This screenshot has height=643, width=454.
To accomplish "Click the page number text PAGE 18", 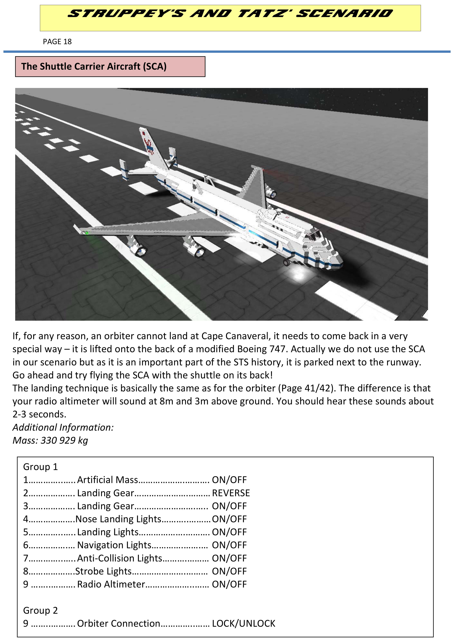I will (x=57, y=42).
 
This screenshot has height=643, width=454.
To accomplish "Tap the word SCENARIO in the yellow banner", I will (x=344, y=13).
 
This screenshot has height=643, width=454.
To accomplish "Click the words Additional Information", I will (x=63, y=427).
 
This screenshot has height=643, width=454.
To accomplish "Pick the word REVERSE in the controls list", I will (x=231, y=493).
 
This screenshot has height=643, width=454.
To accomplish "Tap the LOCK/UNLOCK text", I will (x=244, y=623).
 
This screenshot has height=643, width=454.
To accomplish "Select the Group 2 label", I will (x=40, y=610).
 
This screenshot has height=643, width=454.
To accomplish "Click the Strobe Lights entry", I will (x=104, y=571).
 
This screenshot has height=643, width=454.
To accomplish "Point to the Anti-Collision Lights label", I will (x=119, y=558).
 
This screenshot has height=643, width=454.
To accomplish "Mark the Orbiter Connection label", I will (x=119, y=623).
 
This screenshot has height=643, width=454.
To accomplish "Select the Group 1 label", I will (x=40, y=467).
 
